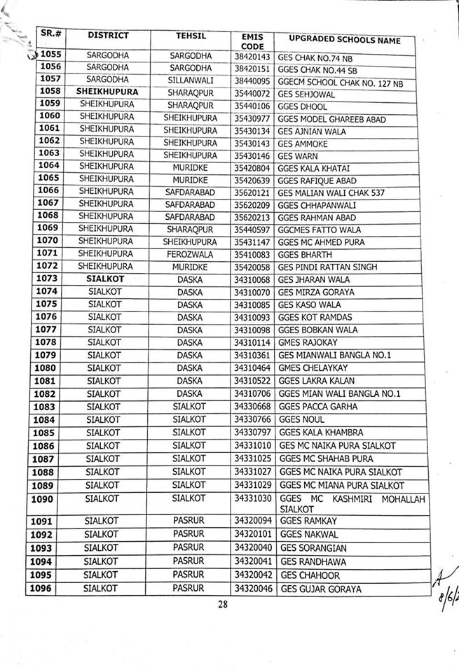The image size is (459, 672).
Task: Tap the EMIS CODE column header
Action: (252, 39)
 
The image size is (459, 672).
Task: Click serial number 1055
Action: (52, 55)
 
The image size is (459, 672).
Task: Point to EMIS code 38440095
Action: (252, 80)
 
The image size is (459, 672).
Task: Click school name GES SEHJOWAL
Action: (306, 94)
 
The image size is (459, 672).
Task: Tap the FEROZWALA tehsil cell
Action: (190, 255)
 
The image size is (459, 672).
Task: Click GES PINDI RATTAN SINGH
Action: (327, 267)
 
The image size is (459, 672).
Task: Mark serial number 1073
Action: (49, 279)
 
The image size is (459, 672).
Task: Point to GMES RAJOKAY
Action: (308, 342)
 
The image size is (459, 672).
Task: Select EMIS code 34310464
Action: (252, 367)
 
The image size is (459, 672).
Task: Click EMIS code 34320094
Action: (253, 521)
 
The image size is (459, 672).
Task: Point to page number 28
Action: (224, 606)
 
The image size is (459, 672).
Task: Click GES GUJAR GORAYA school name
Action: (321, 589)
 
